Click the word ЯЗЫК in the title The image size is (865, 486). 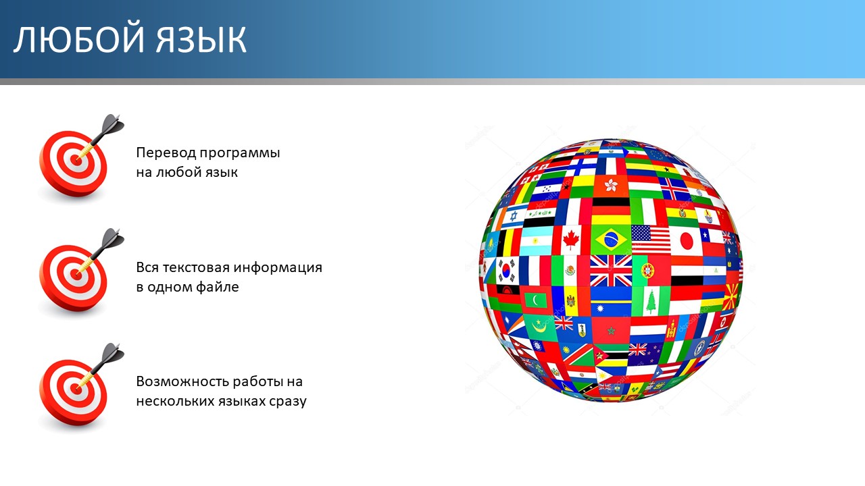[201, 40]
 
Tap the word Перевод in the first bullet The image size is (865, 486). [166, 153]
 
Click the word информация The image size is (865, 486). [278, 268]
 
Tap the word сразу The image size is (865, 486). [288, 402]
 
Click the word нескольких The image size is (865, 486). [175, 402]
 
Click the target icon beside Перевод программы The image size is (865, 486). [79, 157]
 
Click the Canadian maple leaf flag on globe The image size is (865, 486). [571, 240]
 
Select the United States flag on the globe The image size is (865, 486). [650, 239]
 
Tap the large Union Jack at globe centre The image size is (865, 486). [611, 271]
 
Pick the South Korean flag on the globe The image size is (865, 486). [507, 269]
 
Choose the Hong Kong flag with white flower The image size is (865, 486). [611, 186]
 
